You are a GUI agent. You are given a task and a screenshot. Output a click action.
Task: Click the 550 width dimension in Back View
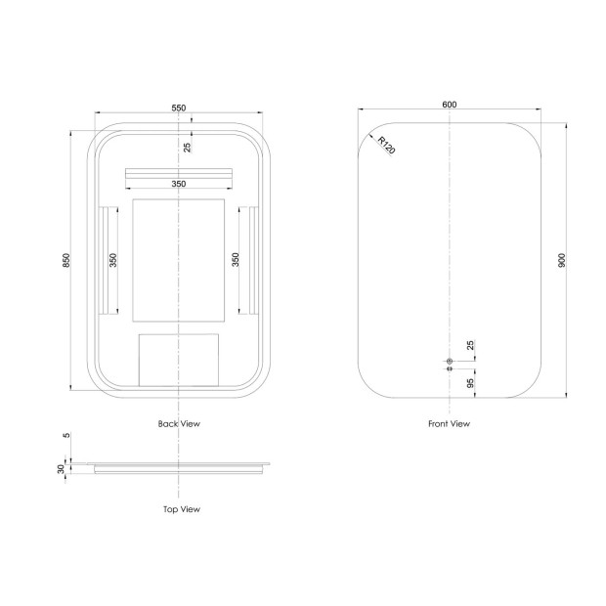179,108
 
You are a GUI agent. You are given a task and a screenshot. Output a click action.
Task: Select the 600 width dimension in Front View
449,105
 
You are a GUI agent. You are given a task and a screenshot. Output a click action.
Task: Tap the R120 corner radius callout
386,145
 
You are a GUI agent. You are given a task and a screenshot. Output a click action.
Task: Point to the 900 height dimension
562,260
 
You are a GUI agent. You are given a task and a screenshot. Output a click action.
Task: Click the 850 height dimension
66,260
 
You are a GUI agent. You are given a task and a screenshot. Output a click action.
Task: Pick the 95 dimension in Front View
470,383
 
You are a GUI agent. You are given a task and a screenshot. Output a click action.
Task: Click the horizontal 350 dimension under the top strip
179,184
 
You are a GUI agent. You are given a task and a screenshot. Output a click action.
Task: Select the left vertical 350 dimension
112,260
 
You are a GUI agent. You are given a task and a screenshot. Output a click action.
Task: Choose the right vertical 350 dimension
235,260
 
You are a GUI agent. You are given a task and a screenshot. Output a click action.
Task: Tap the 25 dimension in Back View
187,148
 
